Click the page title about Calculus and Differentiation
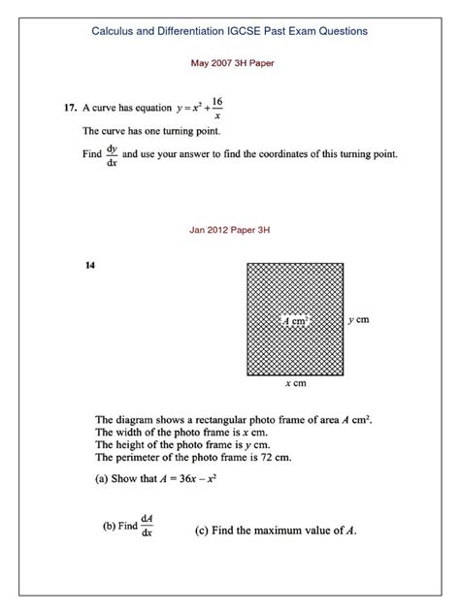pos(229,31)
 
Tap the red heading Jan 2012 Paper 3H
pos(230,232)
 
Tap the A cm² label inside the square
pos(295,319)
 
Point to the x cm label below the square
pos(295,384)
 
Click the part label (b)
pos(110,528)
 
